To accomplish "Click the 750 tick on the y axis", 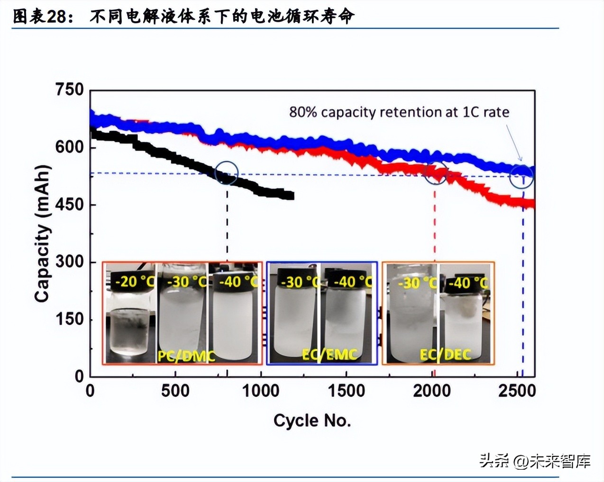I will click(69, 89).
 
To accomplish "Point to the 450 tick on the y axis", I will click(69, 205).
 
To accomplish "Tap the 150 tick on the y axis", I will click(69, 319).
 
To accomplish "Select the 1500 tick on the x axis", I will click(346, 391).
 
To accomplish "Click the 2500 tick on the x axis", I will click(517, 391).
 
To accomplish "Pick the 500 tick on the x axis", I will click(175, 391).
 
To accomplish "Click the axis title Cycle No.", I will click(312, 420).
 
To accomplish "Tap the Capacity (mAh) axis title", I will click(42, 233).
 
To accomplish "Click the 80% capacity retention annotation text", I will click(399, 112).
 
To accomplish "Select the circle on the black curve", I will click(227, 173).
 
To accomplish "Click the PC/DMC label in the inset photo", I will click(186, 355).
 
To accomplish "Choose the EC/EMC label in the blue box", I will click(329, 354).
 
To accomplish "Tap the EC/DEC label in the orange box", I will click(445, 354).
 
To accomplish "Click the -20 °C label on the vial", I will click(134, 282).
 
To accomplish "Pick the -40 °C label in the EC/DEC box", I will click(467, 283).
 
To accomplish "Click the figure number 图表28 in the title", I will click(40, 17).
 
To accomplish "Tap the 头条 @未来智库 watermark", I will click(534, 461).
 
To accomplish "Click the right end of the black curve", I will click(291, 196).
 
